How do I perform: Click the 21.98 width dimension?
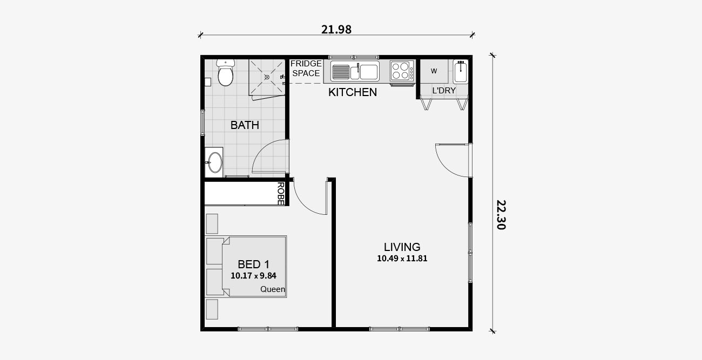[x=336, y=30]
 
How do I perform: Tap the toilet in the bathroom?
[x=225, y=73]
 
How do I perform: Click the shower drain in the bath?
[x=267, y=77]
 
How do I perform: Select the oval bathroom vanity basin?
[x=215, y=162]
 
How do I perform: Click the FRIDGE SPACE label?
[x=306, y=69]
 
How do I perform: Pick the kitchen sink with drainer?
[x=355, y=71]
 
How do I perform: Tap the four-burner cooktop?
[x=402, y=71]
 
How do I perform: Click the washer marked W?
[x=434, y=71]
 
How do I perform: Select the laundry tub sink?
[x=461, y=72]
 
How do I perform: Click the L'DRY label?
[x=444, y=91]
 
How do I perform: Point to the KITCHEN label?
[x=353, y=92]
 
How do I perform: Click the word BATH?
[x=245, y=125]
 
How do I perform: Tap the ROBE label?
[x=281, y=194]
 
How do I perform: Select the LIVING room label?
[x=402, y=247]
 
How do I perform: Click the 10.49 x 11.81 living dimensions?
[x=402, y=259]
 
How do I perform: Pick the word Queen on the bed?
[x=273, y=289]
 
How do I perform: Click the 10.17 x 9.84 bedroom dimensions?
[x=254, y=276]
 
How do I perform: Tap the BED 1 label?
[x=254, y=264]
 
